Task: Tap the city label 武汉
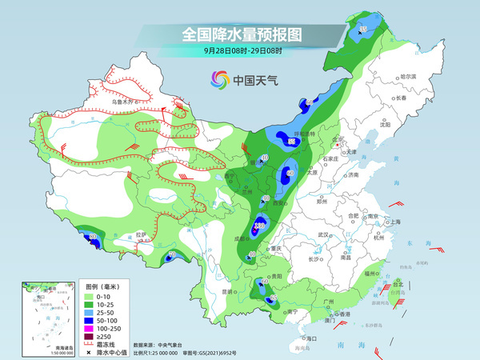pyautogui.click(x=324, y=234)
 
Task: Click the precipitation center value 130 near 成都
pyautogui.click(x=259, y=227)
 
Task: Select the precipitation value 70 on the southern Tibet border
pyautogui.click(x=171, y=255)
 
